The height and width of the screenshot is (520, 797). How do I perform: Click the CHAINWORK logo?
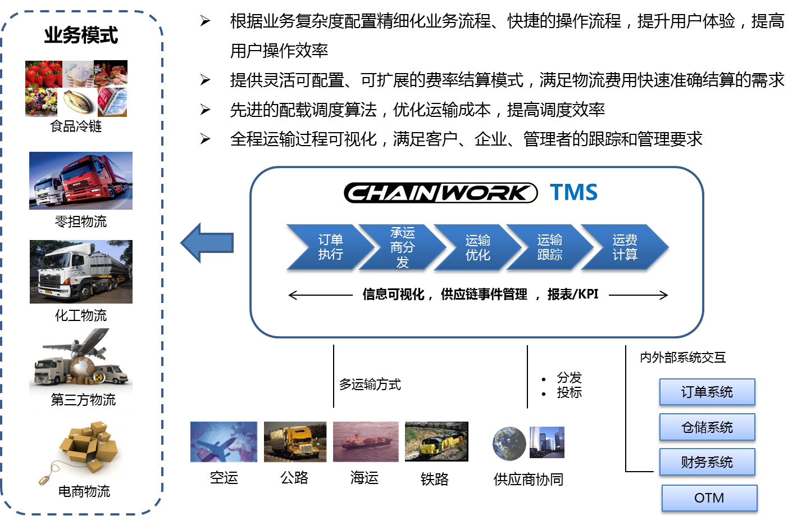pos(440,193)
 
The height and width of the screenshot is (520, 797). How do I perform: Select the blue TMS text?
pos(573,192)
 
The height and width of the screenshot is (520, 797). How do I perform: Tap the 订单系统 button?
pos(707,392)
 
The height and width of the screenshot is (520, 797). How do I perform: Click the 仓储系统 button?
pos(707,428)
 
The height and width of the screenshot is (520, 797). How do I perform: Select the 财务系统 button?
pos(707,463)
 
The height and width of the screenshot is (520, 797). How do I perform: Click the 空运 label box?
pos(224,478)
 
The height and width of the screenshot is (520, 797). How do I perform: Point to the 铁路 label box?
pos(435,479)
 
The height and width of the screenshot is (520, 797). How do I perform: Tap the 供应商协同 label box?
pos(529,480)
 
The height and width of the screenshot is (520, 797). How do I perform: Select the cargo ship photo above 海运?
pos(367,442)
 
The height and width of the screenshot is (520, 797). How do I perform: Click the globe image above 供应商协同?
pos(509,444)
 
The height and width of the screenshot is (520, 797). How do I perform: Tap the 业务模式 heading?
pos(81,35)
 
